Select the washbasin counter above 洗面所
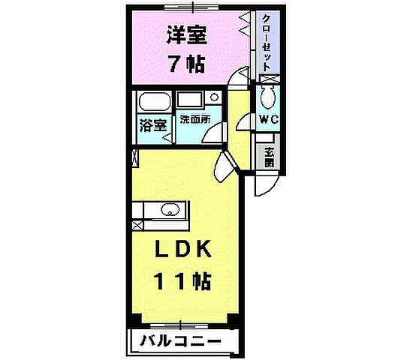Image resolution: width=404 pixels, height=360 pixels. (190, 100)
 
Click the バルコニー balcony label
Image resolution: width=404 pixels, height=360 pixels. (180, 341)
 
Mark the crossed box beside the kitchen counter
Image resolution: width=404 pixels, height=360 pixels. (137, 224)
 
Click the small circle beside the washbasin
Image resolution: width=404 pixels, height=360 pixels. (214, 97)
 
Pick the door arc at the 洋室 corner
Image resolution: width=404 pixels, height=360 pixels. (240, 76)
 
